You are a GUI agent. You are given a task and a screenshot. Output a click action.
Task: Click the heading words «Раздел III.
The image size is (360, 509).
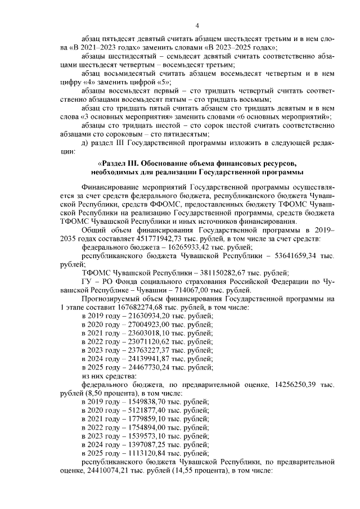[117, 163]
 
